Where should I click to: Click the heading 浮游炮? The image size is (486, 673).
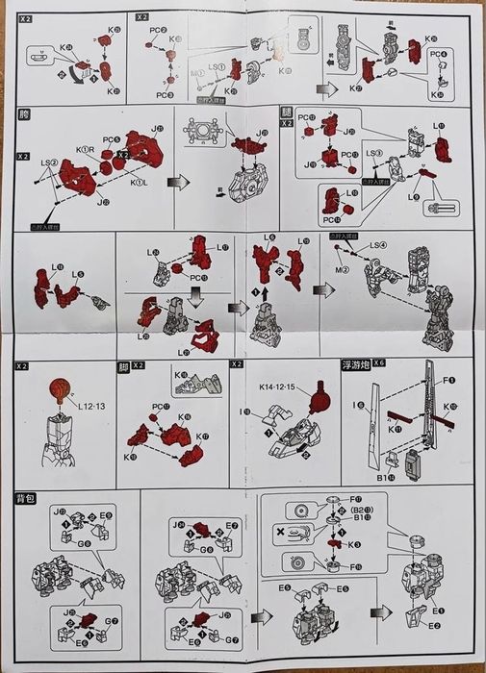(354, 366)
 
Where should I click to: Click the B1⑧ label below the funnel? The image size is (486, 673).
(382, 475)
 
